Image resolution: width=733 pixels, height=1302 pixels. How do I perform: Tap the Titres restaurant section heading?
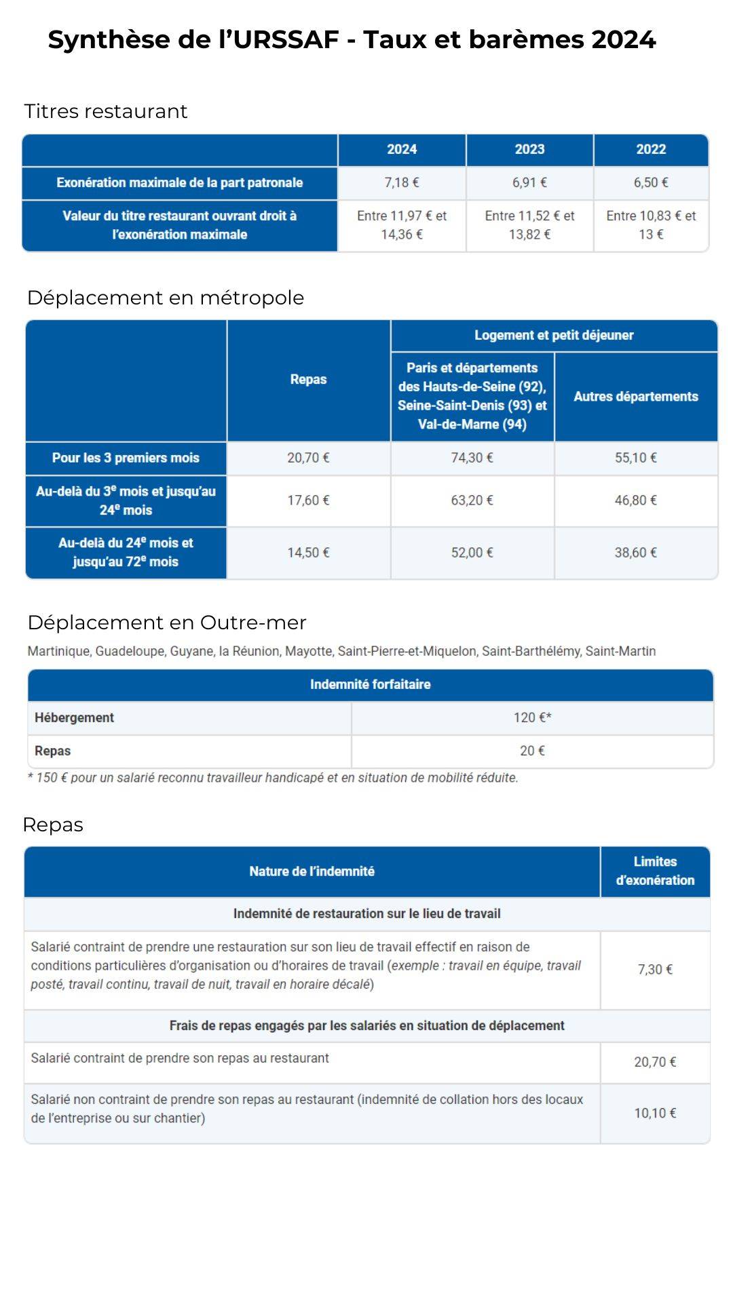[x=106, y=111]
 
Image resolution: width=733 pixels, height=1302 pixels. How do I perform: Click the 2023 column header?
[x=529, y=149]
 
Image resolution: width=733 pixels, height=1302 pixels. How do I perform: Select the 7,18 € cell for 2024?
[x=402, y=182]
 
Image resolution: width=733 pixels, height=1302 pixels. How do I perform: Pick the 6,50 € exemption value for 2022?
[x=651, y=182]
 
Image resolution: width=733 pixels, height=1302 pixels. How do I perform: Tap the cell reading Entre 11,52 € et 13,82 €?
[x=529, y=225]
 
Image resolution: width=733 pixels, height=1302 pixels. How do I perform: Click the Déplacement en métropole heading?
[x=166, y=298]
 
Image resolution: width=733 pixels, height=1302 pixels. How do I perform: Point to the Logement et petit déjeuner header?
[x=554, y=335]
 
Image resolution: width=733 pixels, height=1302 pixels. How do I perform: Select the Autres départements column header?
[x=636, y=397]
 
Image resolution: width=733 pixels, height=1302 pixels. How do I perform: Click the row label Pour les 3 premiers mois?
[x=126, y=458]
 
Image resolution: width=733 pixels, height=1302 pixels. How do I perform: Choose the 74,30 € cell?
[x=472, y=458]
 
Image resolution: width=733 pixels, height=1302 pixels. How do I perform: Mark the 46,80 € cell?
[x=636, y=500]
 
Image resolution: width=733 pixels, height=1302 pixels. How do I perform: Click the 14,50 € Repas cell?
[x=308, y=553]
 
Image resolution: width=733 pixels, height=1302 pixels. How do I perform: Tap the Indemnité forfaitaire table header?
[x=371, y=684]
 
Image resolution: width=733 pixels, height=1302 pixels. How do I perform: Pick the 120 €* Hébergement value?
[x=532, y=717]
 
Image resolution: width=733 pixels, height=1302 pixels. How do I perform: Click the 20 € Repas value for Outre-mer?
[x=532, y=751]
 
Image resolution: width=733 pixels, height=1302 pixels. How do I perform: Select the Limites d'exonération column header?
[x=655, y=871]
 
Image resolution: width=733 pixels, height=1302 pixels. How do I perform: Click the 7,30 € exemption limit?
[x=655, y=970]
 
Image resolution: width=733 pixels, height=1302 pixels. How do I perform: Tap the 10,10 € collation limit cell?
[x=655, y=1113]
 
